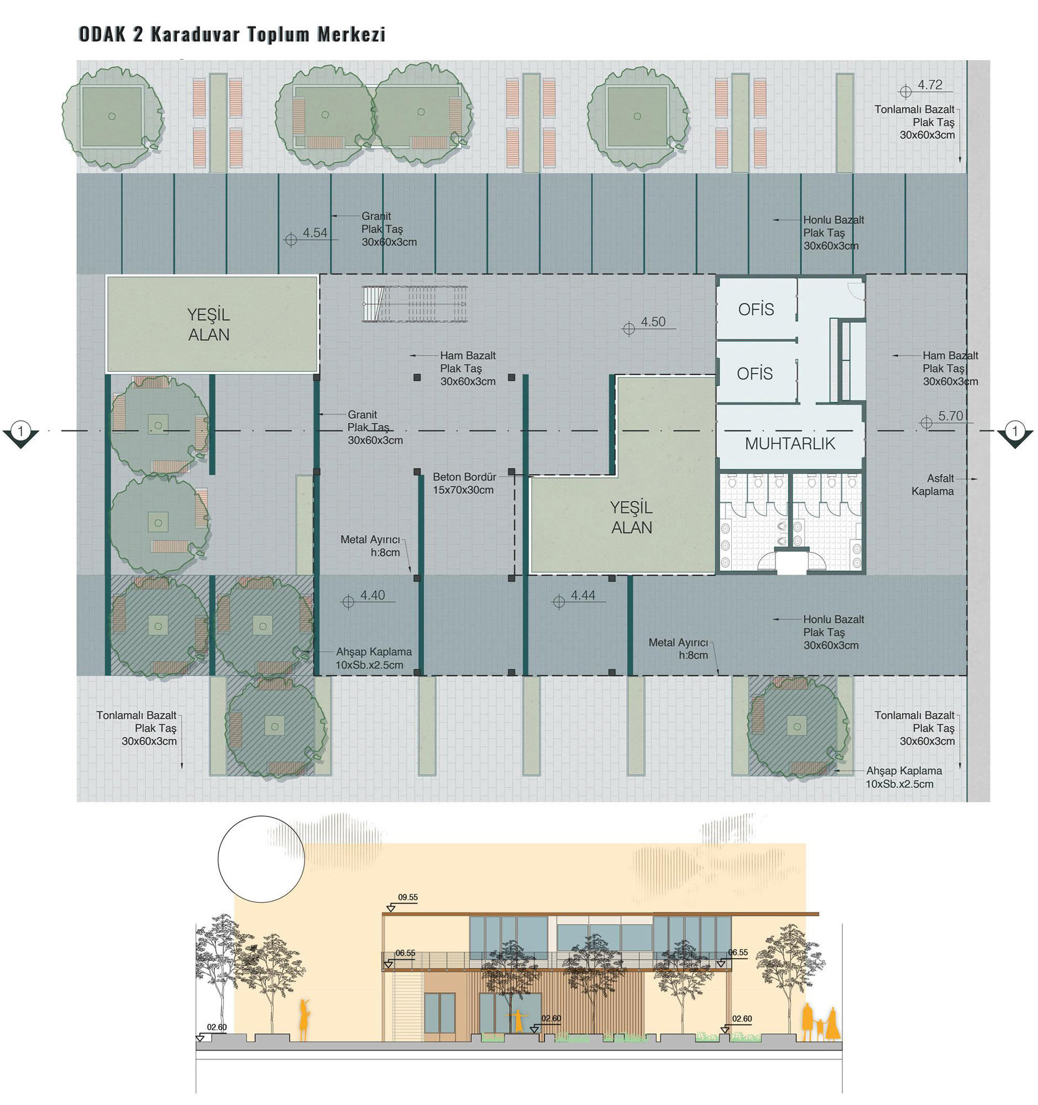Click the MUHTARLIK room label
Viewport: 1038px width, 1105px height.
click(x=789, y=444)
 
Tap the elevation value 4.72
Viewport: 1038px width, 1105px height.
click(x=930, y=85)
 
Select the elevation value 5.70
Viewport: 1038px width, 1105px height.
click(x=950, y=416)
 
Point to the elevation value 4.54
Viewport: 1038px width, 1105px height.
click(x=314, y=233)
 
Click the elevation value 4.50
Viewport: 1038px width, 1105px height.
click(x=653, y=322)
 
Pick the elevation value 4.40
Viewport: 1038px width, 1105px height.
click(x=372, y=595)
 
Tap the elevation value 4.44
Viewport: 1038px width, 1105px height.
click(x=583, y=595)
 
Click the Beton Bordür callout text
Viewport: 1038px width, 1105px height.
click(x=464, y=483)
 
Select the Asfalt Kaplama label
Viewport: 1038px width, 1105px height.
click(x=932, y=485)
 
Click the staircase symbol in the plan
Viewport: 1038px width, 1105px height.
click(x=415, y=304)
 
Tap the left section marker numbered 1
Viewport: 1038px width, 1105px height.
click(x=20, y=433)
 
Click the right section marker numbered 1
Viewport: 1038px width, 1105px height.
click(x=1015, y=433)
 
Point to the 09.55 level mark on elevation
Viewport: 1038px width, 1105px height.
click(x=407, y=897)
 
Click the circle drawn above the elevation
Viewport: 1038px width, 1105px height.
click(x=218, y=859)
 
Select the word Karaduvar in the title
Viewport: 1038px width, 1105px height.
click(x=195, y=34)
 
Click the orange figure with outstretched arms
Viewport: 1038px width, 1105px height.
click(x=518, y=1020)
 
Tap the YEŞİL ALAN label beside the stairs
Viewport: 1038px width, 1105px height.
click(x=208, y=325)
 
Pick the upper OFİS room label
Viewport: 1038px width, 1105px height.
click(x=756, y=309)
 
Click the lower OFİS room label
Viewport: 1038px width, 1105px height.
click(x=754, y=373)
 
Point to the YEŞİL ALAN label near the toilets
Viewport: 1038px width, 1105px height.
click(x=632, y=518)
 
